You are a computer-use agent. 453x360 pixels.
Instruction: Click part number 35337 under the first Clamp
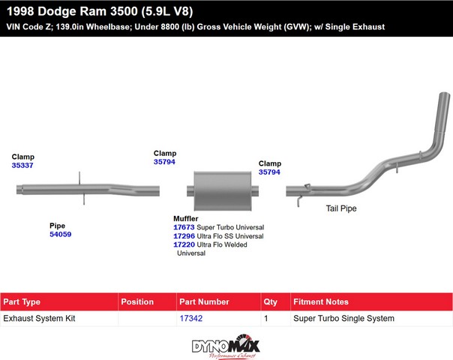pos(22,165)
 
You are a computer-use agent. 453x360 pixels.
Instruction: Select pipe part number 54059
pos(61,234)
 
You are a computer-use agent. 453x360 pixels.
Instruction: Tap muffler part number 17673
pos(184,227)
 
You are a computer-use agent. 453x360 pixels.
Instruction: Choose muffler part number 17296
pos(184,235)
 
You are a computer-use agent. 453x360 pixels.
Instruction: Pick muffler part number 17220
pos(184,244)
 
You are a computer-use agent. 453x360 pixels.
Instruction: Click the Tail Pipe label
pos(341,208)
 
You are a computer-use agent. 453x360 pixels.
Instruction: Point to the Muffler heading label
pos(186,219)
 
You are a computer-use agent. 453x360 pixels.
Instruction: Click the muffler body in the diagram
pos(223,190)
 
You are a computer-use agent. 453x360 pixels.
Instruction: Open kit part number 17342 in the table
pos(191,318)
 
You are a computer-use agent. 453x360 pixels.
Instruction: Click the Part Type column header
pos(22,301)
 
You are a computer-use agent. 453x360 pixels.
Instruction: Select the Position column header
pos(137,301)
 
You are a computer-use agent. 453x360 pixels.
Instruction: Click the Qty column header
pos(270,302)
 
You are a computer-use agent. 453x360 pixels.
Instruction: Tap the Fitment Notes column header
pos(321,301)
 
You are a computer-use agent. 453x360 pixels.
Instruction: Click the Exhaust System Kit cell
pos(39,318)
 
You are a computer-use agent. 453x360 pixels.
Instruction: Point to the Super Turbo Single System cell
pos(343,318)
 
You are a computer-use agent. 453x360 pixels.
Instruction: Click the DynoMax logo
pos(226,346)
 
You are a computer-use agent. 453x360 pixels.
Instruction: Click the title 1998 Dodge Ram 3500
pos(72,11)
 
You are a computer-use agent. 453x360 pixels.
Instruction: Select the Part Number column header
pos(204,301)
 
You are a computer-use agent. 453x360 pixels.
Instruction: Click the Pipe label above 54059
pos(57,226)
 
